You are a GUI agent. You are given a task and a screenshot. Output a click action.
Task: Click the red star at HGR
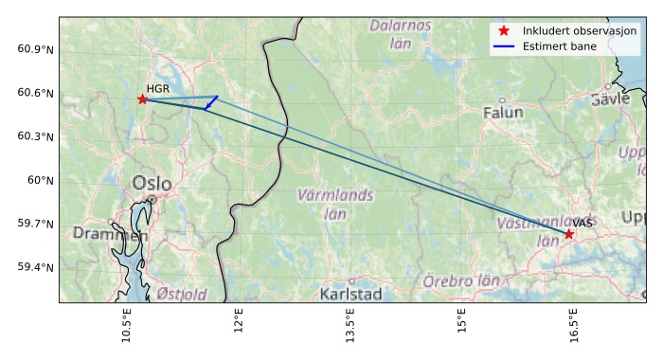click(x=142, y=99)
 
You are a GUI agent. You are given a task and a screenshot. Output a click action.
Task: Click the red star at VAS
click(x=569, y=233)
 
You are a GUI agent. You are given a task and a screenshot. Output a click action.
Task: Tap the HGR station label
click(x=157, y=88)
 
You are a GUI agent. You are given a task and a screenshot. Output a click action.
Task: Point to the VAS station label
click(x=582, y=223)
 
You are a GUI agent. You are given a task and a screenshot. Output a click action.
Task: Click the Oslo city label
click(x=152, y=183)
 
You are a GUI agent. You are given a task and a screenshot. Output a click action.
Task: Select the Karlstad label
click(x=350, y=294)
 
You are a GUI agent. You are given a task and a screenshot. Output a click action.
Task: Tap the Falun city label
click(x=502, y=113)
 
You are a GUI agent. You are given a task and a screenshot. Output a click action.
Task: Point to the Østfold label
click(x=182, y=294)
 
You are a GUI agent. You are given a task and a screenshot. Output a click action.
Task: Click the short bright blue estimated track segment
click(x=211, y=102)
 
